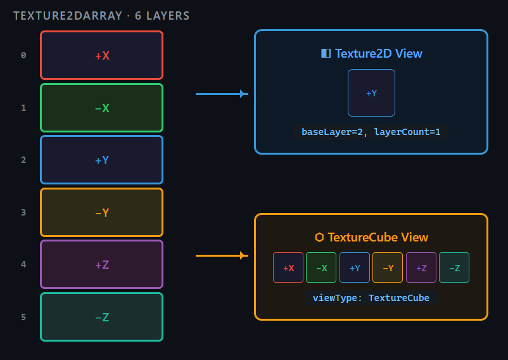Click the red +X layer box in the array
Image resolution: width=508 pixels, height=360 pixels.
click(102, 55)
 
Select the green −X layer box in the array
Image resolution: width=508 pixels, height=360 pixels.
click(102, 108)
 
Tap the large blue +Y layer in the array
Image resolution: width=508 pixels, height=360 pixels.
click(102, 160)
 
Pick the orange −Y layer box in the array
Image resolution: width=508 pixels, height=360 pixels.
click(102, 212)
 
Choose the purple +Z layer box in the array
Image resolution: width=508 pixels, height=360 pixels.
click(102, 264)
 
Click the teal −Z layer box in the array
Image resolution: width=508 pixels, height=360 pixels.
click(102, 317)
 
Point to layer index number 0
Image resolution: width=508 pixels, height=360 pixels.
click(23, 55)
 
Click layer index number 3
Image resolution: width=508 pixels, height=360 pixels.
click(23, 212)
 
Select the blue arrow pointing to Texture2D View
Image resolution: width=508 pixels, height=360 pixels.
click(222, 94)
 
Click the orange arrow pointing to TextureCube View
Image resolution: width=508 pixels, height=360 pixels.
click(222, 255)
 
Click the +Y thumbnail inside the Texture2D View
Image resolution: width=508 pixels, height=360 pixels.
click(371, 93)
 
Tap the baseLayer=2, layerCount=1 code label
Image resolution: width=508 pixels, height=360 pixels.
click(371, 132)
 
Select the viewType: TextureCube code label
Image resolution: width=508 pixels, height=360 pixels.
click(371, 298)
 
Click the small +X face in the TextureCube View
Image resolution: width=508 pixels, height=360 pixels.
click(288, 267)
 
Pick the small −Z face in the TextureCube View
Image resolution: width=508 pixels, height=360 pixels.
click(454, 267)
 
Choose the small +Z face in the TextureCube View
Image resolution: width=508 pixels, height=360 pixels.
click(421, 267)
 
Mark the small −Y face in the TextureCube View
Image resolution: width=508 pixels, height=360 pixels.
click(388, 267)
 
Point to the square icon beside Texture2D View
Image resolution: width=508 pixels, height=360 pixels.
click(326, 53)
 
